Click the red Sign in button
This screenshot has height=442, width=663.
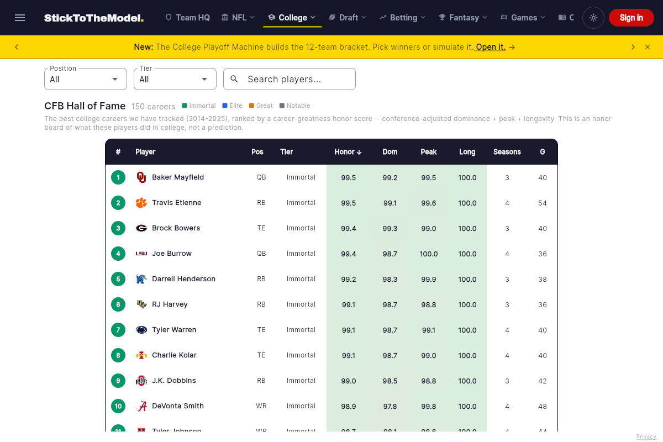coord(631,18)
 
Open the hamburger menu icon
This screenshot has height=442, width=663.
coord(20,18)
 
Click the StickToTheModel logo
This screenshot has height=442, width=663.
coord(94,18)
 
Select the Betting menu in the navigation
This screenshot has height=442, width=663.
coord(403,18)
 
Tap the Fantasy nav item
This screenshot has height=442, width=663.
coord(463,18)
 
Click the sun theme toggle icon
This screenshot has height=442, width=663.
coord(593,18)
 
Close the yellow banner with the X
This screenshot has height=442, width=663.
coord(648,47)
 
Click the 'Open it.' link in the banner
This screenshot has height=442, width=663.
coord(491,47)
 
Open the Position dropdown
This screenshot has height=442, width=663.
coord(86,79)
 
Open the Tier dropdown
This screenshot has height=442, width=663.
coord(175,79)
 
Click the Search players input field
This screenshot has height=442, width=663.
coord(290,79)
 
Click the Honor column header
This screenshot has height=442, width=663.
coord(348,152)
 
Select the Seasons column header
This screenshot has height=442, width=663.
coord(507,152)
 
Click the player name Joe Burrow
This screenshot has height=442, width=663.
coord(172,254)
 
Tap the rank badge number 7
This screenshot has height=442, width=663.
coord(118,330)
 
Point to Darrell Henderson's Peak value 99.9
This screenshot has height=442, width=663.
coord(428,279)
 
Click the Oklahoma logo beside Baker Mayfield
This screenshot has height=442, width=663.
coord(141,177)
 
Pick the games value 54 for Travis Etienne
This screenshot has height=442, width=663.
coord(542,203)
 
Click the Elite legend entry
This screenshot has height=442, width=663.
coord(233,106)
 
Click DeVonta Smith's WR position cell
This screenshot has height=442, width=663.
coord(261,406)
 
